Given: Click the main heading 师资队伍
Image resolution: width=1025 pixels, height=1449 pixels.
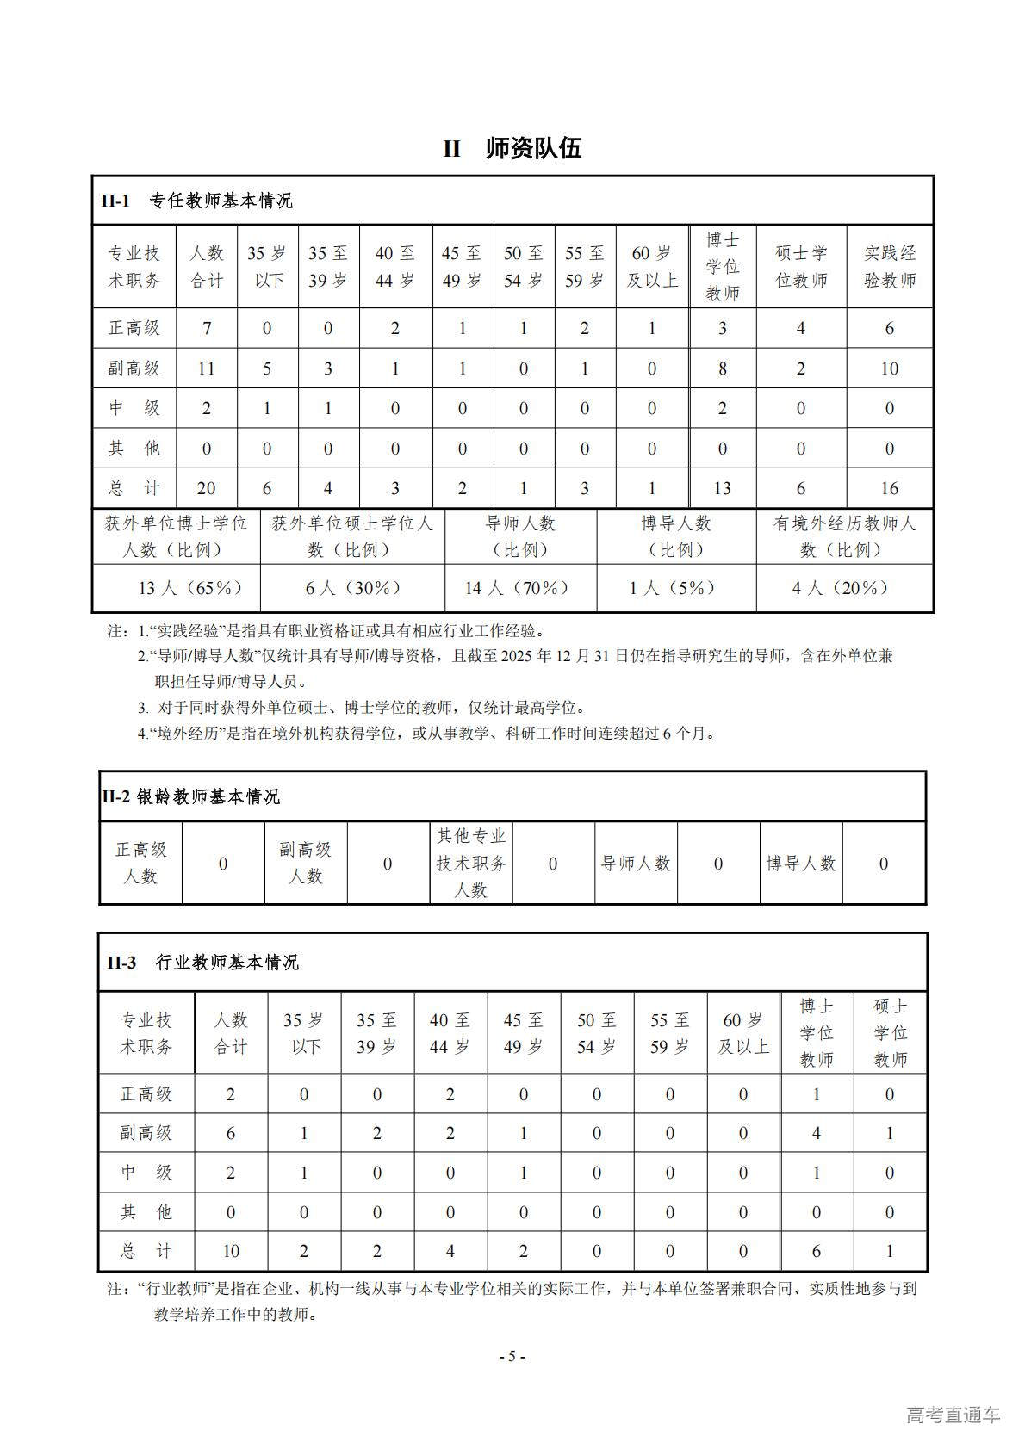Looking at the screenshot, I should pyautogui.click(x=533, y=148).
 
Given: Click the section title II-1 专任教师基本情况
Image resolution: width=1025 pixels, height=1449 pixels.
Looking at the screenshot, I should pyautogui.click(x=197, y=201).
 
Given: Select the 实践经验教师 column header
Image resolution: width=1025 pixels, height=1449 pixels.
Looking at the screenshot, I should pyautogui.click(x=890, y=266).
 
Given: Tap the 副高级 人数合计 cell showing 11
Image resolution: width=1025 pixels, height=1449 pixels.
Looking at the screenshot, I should pyautogui.click(x=207, y=368).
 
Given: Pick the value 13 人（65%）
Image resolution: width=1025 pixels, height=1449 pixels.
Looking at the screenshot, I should pyautogui.click(x=190, y=588).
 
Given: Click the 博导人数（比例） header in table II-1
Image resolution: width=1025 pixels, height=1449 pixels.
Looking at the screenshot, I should pyautogui.click(x=676, y=536).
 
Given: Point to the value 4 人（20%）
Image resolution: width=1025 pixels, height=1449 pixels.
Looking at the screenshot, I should pyautogui.click(x=840, y=588).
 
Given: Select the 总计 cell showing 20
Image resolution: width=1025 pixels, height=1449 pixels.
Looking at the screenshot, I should pyautogui.click(x=207, y=488).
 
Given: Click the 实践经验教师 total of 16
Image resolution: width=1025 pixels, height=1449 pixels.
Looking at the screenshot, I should pyautogui.click(x=890, y=488).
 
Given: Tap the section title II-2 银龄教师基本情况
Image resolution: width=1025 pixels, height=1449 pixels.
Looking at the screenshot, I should pyautogui.click(x=190, y=796).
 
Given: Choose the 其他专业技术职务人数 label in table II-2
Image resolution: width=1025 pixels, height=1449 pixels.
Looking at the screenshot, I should pyautogui.click(x=470, y=863).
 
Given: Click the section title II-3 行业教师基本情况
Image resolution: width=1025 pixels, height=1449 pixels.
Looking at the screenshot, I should pyautogui.click(x=202, y=963).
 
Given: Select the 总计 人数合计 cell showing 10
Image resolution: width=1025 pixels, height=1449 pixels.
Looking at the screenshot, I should pyautogui.click(x=231, y=1251).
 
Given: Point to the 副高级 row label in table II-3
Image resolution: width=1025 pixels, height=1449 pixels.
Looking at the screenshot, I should pyautogui.click(x=146, y=1133).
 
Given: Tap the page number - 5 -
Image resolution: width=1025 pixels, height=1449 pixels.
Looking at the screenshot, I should pyautogui.click(x=512, y=1356).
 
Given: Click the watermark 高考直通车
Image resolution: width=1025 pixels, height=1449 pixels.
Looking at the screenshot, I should pyautogui.click(x=954, y=1415).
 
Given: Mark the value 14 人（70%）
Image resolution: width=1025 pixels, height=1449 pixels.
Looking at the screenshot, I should pyautogui.click(x=517, y=588).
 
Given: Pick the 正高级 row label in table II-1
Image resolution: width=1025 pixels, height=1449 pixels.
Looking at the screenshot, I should pyautogui.click(x=134, y=328).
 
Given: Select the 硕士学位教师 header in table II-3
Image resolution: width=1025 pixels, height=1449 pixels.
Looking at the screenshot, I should pyautogui.click(x=890, y=1032).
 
